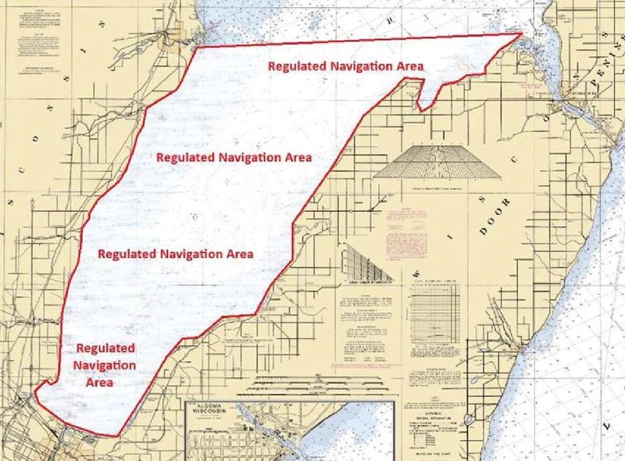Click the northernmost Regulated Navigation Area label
pos(345,66)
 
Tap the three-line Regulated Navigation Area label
pos(105,365)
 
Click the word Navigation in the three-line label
pos(105,365)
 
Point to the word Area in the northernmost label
pos(407,66)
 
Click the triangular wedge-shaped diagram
pos(367,265)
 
